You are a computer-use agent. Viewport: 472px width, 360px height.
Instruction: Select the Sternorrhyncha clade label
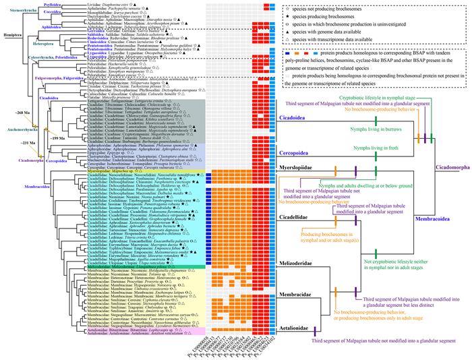(18, 11)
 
